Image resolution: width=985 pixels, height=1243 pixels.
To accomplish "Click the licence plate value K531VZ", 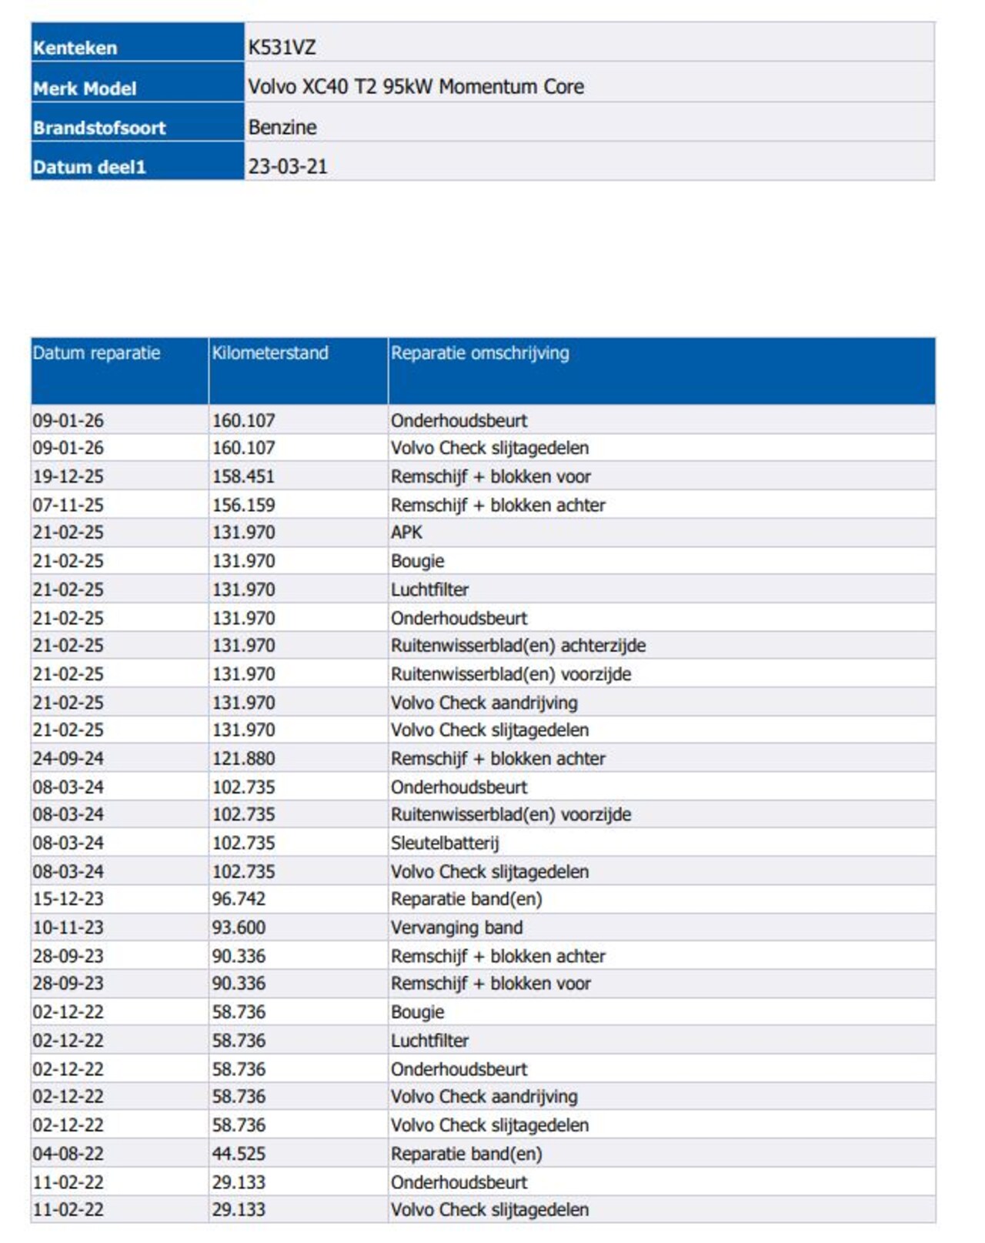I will tap(282, 48).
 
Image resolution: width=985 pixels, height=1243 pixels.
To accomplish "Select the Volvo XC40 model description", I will tap(416, 87).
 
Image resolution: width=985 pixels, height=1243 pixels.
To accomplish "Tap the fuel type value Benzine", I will tap(282, 127).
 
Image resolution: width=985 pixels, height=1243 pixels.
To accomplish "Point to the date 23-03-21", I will tap(288, 166).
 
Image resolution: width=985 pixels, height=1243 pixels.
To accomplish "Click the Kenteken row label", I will tap(75, 48).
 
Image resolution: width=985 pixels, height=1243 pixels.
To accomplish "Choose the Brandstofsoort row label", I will tap(99, 128).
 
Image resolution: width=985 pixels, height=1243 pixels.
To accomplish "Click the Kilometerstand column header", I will tap(270, 353).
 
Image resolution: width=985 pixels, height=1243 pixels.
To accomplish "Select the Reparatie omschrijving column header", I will tap(480, 353).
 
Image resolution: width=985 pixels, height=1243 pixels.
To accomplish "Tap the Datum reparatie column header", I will tap(97, 353).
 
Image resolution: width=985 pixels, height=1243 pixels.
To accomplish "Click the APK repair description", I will tap(406, 533).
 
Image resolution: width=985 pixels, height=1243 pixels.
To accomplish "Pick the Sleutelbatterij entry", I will tap(445, 843).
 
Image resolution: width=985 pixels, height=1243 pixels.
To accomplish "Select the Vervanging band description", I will tap(456, 927).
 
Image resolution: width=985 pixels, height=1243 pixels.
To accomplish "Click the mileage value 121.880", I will tap(243, 759).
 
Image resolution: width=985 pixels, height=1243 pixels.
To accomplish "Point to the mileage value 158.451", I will tap(243, 476).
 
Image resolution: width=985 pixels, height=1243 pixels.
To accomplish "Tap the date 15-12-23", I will tap(68, 899).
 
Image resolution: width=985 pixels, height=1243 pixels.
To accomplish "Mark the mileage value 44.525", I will tap(239, 1154).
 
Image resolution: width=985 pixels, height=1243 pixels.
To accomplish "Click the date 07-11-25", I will tap(68, 505).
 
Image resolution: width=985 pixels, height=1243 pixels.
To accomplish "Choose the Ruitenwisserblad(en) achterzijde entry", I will tap(518, 646).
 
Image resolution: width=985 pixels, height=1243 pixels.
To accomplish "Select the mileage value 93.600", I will tap(239, 927).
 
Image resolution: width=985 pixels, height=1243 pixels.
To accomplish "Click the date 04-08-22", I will tap(68, 1154).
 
